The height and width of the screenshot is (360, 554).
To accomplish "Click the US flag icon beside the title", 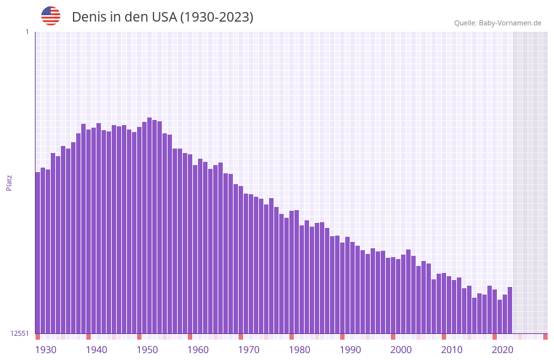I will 51,16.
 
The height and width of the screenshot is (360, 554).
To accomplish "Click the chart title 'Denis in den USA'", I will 162,17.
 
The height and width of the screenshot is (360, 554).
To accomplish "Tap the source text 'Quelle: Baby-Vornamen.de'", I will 498,23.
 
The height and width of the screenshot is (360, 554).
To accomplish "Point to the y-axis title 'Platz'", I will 9,182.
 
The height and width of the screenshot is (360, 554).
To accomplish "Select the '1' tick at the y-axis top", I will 27,32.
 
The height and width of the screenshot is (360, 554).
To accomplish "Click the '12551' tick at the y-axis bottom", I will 20,333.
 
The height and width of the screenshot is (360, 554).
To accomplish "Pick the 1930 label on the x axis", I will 46,350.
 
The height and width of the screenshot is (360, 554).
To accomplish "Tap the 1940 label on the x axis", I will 96,350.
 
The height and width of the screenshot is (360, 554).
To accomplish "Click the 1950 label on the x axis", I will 147,350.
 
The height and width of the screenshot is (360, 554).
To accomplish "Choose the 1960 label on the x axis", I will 198,350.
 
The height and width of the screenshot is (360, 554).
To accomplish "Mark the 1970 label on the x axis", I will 249,350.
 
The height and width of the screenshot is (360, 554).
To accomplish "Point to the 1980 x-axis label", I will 300,350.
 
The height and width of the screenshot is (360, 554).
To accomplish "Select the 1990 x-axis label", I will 350,350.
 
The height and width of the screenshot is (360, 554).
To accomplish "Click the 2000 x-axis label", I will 401,350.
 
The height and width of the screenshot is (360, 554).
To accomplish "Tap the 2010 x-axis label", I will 452,350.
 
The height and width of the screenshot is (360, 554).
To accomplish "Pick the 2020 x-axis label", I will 503,350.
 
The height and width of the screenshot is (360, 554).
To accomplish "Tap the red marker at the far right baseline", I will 545,337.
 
